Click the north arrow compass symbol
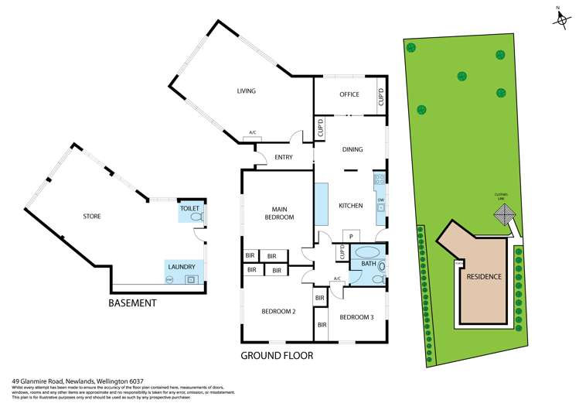[560, 16]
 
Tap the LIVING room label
[246, 91]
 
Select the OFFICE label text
[349, 95]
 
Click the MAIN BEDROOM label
[280, 213]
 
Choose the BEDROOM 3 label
[356, 317]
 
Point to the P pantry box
[350, 236]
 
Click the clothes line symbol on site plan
[506, 219]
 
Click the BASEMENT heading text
[132, 302]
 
